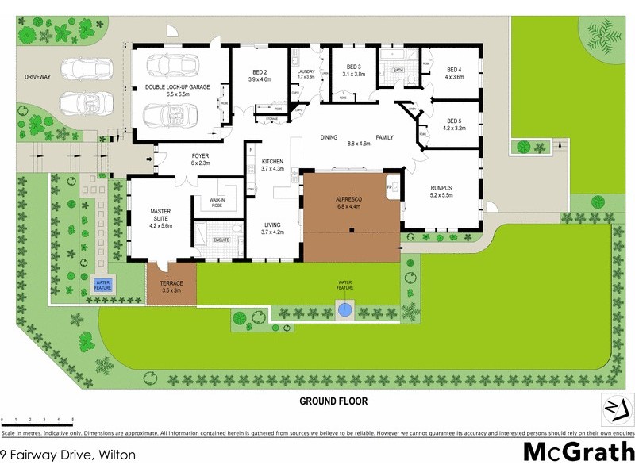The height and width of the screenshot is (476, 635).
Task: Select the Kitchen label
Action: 272,164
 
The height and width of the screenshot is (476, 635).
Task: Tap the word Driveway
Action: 37,77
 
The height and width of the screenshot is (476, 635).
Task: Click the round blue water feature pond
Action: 344,309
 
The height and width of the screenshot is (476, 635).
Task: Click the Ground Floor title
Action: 333,401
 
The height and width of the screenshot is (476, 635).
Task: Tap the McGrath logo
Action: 579,452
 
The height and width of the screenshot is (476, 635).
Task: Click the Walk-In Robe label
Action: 216,202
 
